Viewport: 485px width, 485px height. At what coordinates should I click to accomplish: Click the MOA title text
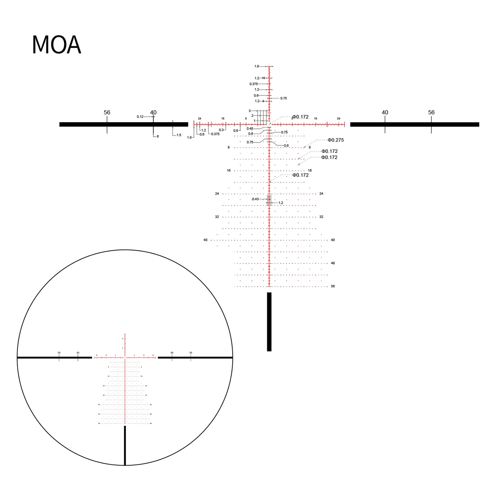coord(56,45)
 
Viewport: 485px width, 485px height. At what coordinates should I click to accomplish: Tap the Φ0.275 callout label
coord(336,140)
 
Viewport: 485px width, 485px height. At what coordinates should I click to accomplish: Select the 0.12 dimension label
coord(140,117)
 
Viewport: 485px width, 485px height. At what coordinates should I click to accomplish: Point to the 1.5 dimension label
coord(179,135)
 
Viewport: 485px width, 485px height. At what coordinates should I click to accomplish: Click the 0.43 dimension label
coord(255,199)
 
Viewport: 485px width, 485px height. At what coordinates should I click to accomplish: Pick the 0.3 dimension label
coord(221,130)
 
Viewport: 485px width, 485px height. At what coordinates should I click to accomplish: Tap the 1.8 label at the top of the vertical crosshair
coord(256,66)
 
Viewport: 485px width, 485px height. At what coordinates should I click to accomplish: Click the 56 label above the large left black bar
coord(107,112)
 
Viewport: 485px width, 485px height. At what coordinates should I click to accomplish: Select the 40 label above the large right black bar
coord(385,112)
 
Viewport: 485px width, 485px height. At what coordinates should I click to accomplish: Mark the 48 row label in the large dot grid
coord(333,263)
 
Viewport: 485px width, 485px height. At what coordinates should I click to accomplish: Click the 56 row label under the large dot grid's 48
coord(333,286)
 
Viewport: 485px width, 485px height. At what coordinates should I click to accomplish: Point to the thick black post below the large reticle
coord(269,322)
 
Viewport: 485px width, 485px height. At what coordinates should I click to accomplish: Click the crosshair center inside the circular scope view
coord(125,358)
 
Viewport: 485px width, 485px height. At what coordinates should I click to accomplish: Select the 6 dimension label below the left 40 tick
coord(158,137)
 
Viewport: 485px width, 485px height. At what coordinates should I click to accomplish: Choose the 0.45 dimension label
coord(250,129)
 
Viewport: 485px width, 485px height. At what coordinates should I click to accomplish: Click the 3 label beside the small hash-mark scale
coord(249,111)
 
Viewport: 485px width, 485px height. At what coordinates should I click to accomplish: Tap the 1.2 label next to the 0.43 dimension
coord(281,203)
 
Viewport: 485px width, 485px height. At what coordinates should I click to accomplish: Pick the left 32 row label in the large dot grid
coord(217,217)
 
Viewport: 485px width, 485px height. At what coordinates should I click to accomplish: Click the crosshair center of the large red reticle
coord(269,125)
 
